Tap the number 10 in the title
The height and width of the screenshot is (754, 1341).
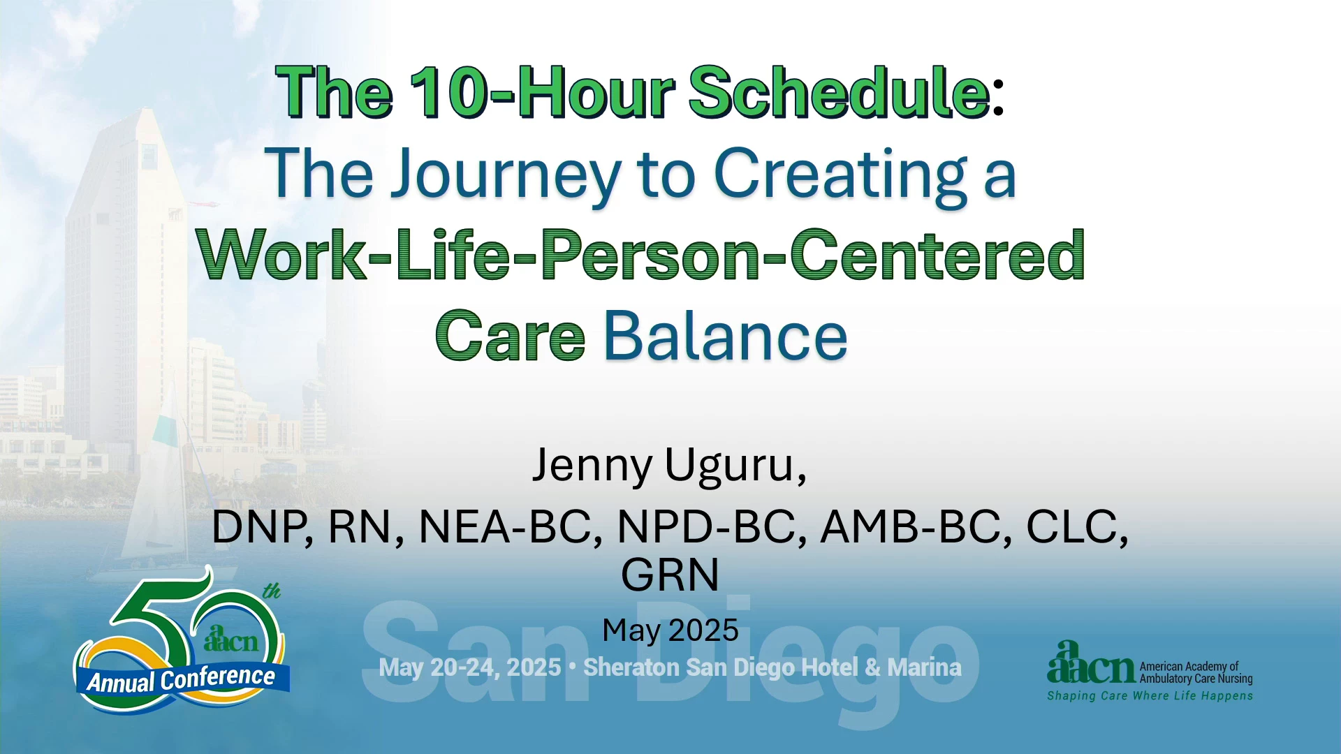[447, 92]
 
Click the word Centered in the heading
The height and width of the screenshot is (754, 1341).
[937, 256]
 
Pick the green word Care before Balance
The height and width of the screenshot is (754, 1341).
[510, 337]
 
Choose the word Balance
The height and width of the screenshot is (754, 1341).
[726, 337]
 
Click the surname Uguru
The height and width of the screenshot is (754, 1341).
[735, 466]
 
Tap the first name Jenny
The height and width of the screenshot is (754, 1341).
[592, 466]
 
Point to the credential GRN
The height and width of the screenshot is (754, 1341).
[670, 575]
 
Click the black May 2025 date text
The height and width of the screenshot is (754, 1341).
[670, 630]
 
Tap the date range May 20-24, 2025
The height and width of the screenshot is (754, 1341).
[469, 667]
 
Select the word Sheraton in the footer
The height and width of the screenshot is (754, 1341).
[631, 667]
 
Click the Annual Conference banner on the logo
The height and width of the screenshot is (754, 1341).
[182, 679]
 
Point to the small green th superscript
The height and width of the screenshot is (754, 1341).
[272, 591]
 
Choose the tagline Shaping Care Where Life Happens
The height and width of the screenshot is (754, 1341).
[1150, 696]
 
